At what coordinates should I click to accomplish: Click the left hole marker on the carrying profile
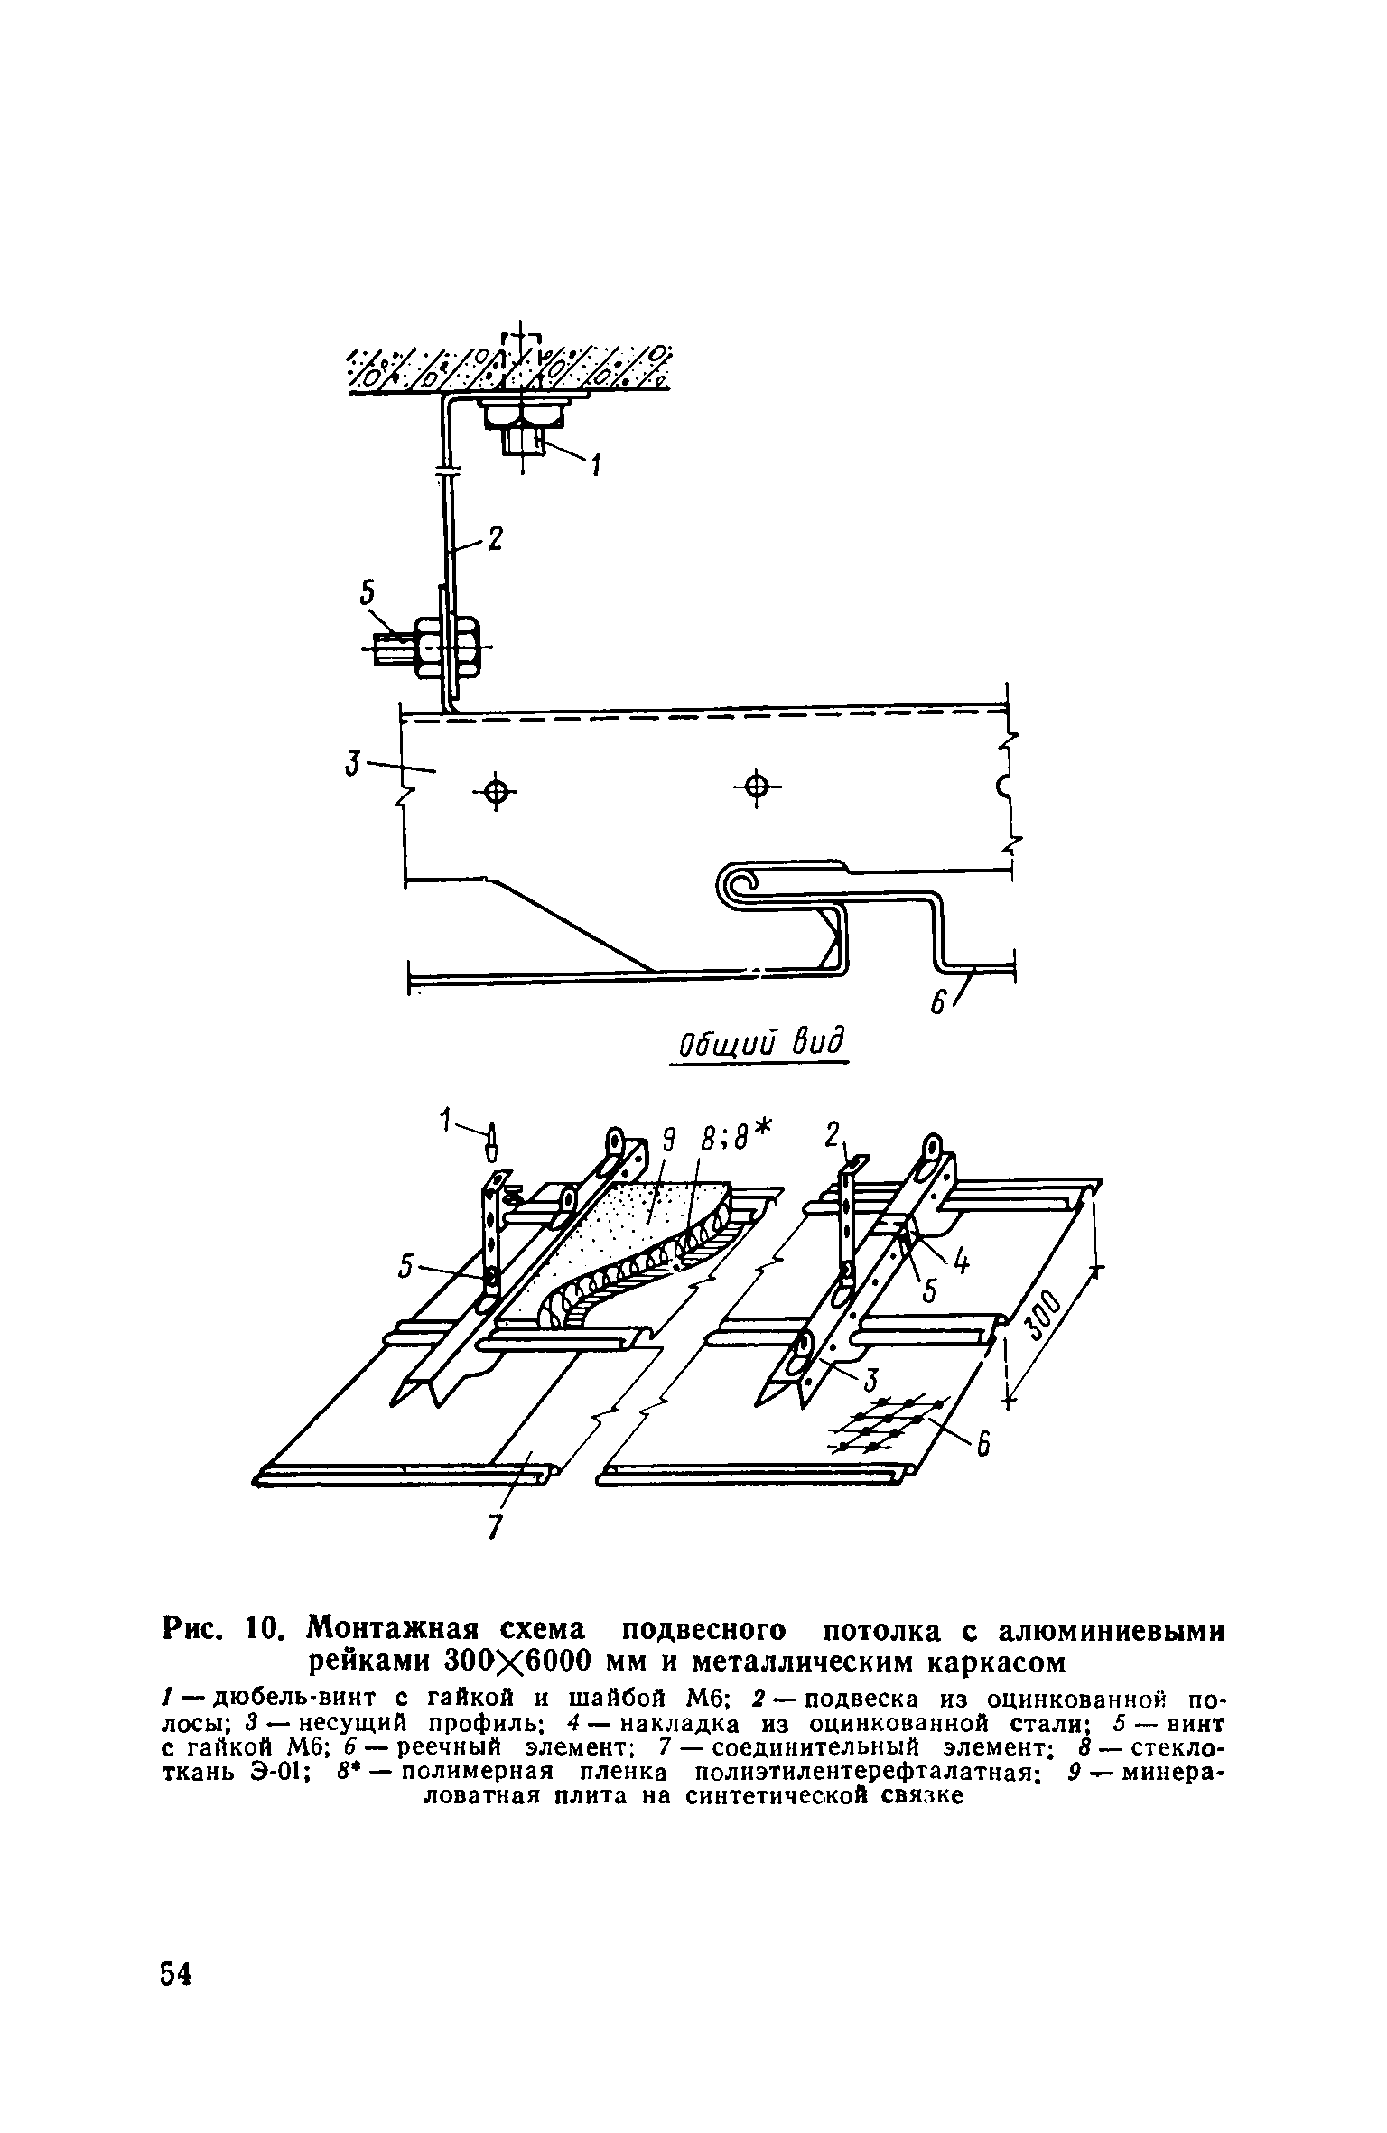[x=494, y=793]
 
